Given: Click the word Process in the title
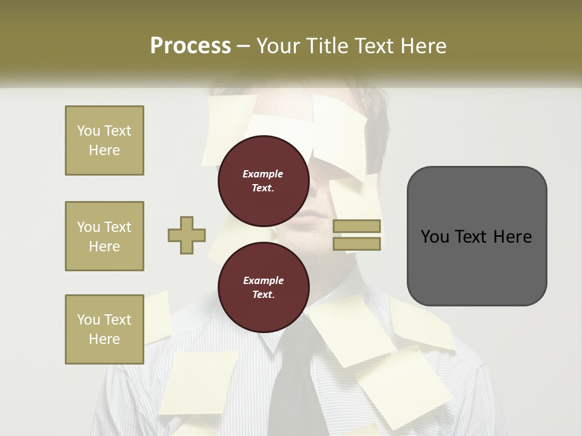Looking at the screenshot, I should pos(190,46).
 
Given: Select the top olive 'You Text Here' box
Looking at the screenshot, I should pos(104,140).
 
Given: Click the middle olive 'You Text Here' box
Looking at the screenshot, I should pos(104,236).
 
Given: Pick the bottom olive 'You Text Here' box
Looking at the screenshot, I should pos(104,329).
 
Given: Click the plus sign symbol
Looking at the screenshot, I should pos(187,235).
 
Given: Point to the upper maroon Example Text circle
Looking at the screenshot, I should pos(263,181).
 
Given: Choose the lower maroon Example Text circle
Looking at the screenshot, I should pos(263,288).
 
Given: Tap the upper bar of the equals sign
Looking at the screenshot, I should pos(357,226).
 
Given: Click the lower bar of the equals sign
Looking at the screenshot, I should pos(357,243).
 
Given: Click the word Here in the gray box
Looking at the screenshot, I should pos(512,237).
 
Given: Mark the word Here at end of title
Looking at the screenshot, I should pos(420,46).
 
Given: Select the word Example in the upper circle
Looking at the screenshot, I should pos(263,174).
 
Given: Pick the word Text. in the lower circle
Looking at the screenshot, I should pos(263,295).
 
